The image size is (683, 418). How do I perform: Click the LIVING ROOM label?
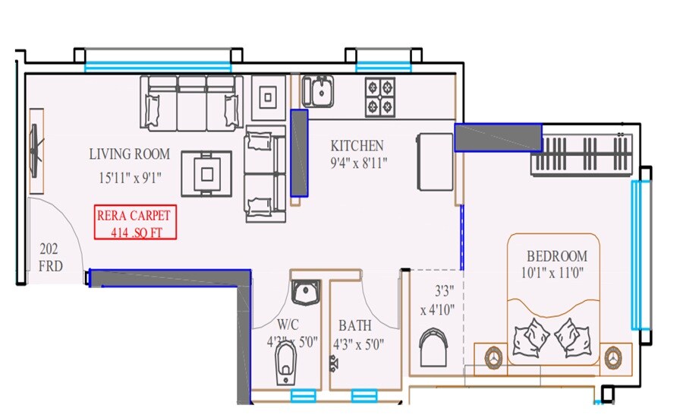pos(129,154)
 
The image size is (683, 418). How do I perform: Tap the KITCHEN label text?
pos(357,146)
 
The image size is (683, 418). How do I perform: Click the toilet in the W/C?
pos(285,363)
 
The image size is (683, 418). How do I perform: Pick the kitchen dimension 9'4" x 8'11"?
pos(358,163)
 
